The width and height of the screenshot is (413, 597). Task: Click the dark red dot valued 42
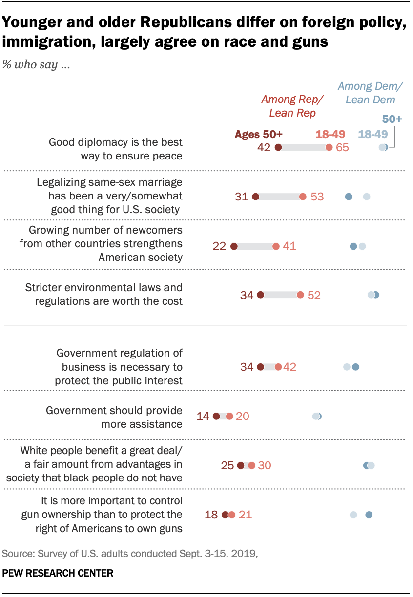pos(278,148)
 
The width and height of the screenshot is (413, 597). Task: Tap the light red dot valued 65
pos(330,148)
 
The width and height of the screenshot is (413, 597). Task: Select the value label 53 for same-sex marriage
pos(317,197)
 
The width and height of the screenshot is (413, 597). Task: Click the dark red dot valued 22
pos(234,246)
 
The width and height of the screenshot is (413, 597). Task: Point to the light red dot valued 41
pos(276,246)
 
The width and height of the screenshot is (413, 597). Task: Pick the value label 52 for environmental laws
pos(314,295)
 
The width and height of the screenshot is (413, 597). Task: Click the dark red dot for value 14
pos(217,416)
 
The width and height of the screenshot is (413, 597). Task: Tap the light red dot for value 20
pos(229,416)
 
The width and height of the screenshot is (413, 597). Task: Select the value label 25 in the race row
pos(227,465)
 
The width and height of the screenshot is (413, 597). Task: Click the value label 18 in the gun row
pos(211,514)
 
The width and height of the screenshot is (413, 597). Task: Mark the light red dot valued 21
pos(231,514)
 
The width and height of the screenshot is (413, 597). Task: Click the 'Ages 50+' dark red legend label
pos(259,135)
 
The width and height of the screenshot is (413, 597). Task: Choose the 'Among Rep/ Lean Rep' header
pos(292,106)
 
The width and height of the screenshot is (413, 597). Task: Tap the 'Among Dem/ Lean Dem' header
pos(371,93)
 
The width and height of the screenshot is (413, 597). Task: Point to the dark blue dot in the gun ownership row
pos(369,514)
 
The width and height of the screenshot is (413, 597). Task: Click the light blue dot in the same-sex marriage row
pos(367,197)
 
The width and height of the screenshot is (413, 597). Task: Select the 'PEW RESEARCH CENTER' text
pos(58,573)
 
